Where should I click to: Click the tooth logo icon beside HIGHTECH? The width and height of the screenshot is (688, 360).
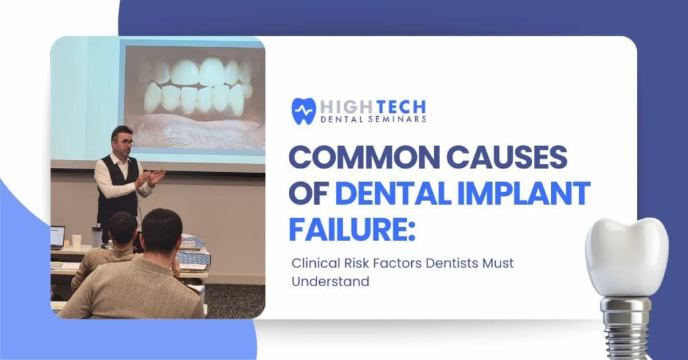point(304,111)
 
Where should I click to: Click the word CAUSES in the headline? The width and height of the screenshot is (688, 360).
point(507,157)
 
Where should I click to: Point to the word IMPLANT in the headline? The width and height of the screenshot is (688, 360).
point(524,193)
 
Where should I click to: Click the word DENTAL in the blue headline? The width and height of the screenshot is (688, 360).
point(393,193)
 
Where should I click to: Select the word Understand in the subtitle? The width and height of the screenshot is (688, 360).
point(331,281)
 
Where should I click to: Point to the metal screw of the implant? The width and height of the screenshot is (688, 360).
point(626,326)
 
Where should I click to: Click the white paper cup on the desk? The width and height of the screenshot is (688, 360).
point(77,241)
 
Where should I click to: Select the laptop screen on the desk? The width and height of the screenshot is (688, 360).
point(57,237)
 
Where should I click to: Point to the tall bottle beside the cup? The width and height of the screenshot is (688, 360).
point(97,235)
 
